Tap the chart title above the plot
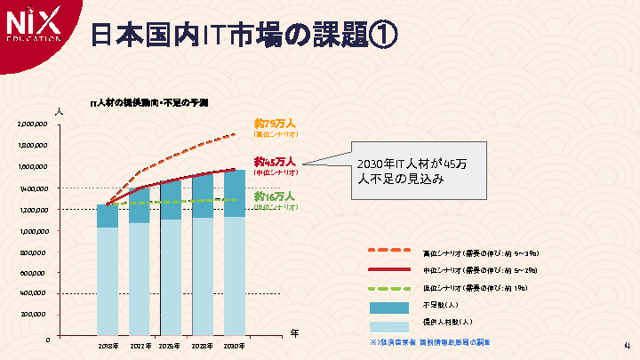point(148,104)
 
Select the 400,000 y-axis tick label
point(35,292)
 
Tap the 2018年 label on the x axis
point(108,345)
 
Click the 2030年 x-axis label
point(234,345)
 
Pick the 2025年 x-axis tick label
point(170,345)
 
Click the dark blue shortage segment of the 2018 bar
point(108,216)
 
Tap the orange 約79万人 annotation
point(275,124)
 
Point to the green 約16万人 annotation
point(275,196)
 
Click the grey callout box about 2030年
point(419,171)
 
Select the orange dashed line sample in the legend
point(388,251)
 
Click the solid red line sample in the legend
point(388,269)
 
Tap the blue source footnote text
point(429,341)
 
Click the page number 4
point(627,346)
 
